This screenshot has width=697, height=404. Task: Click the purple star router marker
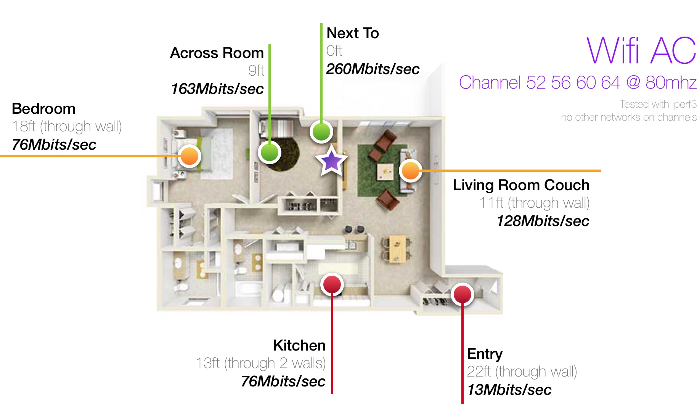(331, 160)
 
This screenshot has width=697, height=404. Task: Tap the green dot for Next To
(321, 132)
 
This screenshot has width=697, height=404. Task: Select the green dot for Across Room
(270, 152)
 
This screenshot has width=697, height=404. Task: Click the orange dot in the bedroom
(190, 156)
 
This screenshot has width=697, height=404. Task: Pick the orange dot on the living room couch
(411, 170)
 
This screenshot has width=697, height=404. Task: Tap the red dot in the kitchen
(332, 285)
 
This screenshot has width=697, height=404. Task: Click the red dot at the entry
(463, 294)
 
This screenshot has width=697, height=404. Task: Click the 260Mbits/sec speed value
(373, 69)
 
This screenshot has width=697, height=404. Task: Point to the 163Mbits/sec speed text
(217, 89)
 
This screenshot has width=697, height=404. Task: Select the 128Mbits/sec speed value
(543, 221)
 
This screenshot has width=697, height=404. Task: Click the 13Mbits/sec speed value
(509, 390)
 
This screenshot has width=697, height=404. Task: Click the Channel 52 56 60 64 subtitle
(578, 82)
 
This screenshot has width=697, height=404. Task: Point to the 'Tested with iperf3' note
(658, 104)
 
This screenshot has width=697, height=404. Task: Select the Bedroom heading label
(43, 109)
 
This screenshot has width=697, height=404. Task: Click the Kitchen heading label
(299, 346)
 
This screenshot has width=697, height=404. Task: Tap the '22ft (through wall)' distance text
(522, 372)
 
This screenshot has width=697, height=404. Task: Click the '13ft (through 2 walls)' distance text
(261, 363)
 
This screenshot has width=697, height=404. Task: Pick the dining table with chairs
(397, 249)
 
